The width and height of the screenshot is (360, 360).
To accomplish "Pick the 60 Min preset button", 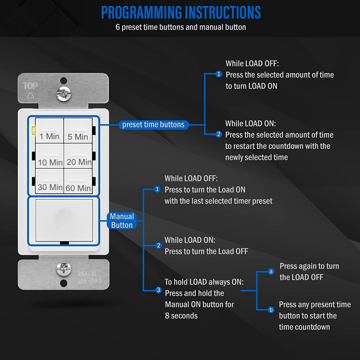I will click(x=78, y=181).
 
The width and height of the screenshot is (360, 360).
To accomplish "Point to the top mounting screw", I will click(x=63, y=94).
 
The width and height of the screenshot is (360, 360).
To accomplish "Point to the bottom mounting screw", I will click(x=63, y=270).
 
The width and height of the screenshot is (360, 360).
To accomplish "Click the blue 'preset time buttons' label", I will click(x=153, y=125).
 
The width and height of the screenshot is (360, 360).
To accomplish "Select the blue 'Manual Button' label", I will click(x=121, y=220).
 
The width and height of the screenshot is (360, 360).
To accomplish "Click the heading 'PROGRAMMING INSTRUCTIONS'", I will click(x=180, y=12).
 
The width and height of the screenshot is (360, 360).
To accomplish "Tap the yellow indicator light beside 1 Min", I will click(x=33, y=131).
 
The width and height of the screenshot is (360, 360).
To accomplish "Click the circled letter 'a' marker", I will click(x=271, y=271).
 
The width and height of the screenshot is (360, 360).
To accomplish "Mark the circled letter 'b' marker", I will click(x=271, y=310).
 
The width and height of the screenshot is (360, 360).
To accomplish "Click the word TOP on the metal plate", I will click(x=31, y=86).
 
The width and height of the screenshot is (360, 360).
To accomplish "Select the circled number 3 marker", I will click(x=158, y=290).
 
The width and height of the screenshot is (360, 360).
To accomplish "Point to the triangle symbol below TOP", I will click(x=31, y=95).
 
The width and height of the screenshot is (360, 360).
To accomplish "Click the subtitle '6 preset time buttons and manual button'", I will click(x=180, y=27).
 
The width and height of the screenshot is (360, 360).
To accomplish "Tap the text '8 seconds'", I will click(x=181, y=316).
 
